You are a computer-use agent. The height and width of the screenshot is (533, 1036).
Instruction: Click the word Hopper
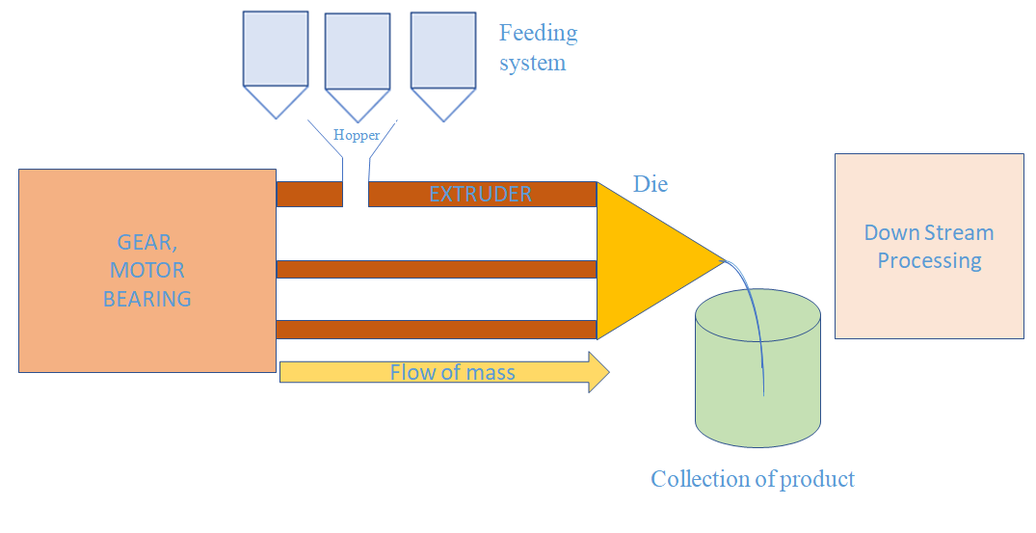(357, 136)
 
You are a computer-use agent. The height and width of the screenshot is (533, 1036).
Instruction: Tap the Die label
(651, 184)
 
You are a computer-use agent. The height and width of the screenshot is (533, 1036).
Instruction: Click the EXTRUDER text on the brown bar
(480, 195)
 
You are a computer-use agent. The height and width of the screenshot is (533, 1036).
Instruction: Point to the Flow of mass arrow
(444, 372)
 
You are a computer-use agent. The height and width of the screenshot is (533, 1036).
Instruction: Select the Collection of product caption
(753, 479)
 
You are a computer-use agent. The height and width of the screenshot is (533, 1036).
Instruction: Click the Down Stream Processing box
(929, 246)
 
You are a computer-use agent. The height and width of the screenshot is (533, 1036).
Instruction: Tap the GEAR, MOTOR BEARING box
(147, 271)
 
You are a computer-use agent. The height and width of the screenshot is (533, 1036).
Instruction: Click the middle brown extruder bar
(437, 269)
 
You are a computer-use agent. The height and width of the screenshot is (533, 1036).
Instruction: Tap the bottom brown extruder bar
(437, 330)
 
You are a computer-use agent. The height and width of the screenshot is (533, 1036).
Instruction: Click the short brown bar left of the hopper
(309, 194)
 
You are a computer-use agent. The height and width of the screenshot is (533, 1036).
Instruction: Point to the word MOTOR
(146, 271)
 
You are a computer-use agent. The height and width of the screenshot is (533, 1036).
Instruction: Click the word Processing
(929, 260)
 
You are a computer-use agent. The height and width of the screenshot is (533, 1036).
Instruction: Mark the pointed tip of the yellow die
(722, 258)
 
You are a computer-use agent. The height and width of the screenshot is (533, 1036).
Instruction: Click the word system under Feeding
(532, 64)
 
